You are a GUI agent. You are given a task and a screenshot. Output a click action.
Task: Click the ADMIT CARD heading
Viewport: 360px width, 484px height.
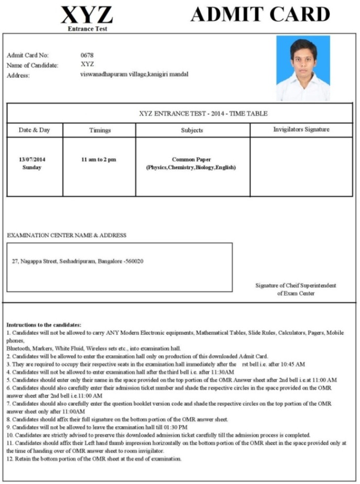(260, 14)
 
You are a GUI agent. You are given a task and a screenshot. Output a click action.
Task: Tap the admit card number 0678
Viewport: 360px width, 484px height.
(87, 55)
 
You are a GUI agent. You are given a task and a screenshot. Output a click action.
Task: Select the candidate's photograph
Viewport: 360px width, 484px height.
(303, 68)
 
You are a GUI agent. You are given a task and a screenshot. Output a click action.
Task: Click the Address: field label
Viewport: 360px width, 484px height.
(18, 75)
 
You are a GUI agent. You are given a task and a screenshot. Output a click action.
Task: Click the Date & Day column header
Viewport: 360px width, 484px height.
(34, 130)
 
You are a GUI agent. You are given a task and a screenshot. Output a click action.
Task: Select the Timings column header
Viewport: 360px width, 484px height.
(100, 130)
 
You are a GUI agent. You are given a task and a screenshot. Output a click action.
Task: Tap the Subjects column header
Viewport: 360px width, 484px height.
(192, 130)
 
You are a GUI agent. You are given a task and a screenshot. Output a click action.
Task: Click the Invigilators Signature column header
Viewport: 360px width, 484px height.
(301, 129)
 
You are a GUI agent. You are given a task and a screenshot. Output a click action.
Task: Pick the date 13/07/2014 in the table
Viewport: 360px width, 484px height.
(32, 159)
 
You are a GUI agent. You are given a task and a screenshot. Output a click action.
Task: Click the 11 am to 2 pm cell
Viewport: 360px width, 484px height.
(99, 159)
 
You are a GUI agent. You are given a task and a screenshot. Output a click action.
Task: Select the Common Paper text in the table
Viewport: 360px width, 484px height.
(191, 159)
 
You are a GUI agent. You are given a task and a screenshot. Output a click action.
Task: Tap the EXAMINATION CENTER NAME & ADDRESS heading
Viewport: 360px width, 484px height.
(67, 236)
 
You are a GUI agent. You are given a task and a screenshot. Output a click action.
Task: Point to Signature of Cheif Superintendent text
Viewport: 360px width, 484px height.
(296, 285)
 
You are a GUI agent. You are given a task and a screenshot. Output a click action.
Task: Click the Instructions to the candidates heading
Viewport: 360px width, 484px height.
(43, 325)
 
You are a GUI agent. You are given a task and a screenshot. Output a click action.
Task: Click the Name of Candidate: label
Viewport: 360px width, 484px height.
(32, 65)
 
